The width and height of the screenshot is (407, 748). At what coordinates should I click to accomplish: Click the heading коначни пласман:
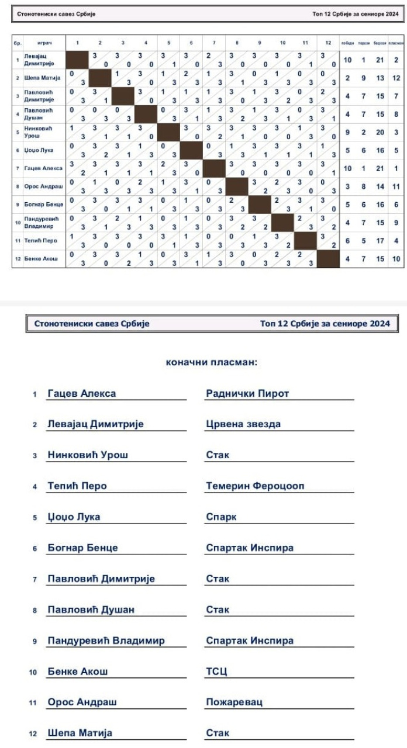(x=212, y=363)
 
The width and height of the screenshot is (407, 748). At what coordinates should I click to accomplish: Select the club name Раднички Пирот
(x=247, y=393)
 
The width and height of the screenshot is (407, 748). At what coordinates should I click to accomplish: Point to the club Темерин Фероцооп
(x=255, y=486)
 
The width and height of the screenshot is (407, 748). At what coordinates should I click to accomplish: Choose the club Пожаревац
(x=234, y=702)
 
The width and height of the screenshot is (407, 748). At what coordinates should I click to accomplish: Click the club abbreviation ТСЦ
(x=216, y=671)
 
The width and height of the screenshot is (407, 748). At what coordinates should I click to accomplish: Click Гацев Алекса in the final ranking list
(x=81, y=393)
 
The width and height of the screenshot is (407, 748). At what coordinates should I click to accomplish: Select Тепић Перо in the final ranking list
(x=77, y=486)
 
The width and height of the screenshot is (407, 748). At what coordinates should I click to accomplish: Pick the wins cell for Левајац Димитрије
(x=347, y=60)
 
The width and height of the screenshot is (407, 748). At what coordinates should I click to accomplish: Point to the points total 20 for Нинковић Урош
(x=380, y=132)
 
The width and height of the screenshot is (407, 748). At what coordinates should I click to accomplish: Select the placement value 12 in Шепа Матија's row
(x=396, y=78)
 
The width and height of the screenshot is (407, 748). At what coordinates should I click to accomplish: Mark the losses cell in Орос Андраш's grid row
(x=363, y=186)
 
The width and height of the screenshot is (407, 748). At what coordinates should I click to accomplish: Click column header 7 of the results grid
(x=214, y=43)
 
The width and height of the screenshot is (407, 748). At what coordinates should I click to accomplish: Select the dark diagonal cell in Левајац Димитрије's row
(x=77, y=60)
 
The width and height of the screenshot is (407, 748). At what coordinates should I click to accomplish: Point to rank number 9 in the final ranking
(x=35, y=641)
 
